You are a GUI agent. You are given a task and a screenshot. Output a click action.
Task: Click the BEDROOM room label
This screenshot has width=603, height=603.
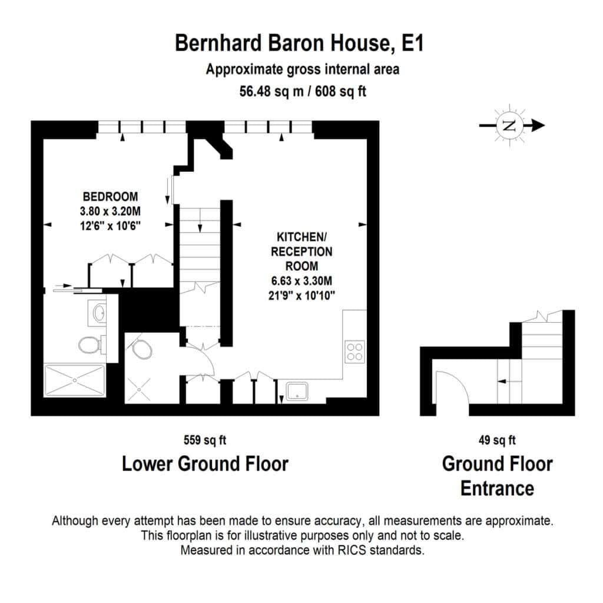pyautogui.click(x=110, y=197)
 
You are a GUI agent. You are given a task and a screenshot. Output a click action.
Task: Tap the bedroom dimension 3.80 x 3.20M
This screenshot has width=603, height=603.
pyautogui.click(x=110, y=211)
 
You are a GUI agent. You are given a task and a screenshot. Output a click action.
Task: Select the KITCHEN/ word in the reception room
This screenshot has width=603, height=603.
pyautogui.click(x=301, y=237)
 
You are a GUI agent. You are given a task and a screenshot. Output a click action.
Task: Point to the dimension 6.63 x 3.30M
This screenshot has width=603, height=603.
pyautogui.click(x=301, y=281)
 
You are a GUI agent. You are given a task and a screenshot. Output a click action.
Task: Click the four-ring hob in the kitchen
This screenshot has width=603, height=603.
pyautogui.click(x=354, y=352)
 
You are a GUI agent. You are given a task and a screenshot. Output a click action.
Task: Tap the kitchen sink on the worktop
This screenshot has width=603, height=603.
pyautogui.click(x=297, y=392)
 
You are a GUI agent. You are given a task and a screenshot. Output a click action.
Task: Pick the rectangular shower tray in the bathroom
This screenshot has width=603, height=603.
pyautogui.click(x=75, y=380)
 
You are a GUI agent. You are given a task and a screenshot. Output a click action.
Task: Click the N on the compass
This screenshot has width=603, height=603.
pyautogui.click(x=509, y=125)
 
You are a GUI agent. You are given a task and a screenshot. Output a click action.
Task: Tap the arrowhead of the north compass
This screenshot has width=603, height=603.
pyautogui.click(x=538, y=125)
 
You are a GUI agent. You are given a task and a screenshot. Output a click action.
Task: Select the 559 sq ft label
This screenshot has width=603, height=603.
pyautogui.click(x=204, y=440)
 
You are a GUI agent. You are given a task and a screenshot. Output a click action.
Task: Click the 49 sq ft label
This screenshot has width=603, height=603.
pyautogui.click(x=497, y=440)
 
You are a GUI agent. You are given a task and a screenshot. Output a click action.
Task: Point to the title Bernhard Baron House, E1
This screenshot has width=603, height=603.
pyautogui.click(x=299, y=42)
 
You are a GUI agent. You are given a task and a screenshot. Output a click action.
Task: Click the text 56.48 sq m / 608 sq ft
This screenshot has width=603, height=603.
pyautogui.click(x=303, y=91)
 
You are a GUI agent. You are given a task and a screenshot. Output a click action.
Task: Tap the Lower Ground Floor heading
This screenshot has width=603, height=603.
pyautogui.click(x=205, y=464)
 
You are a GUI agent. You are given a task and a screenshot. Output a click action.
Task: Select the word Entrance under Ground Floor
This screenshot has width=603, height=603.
pyautogui.click(x=497, y=488)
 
